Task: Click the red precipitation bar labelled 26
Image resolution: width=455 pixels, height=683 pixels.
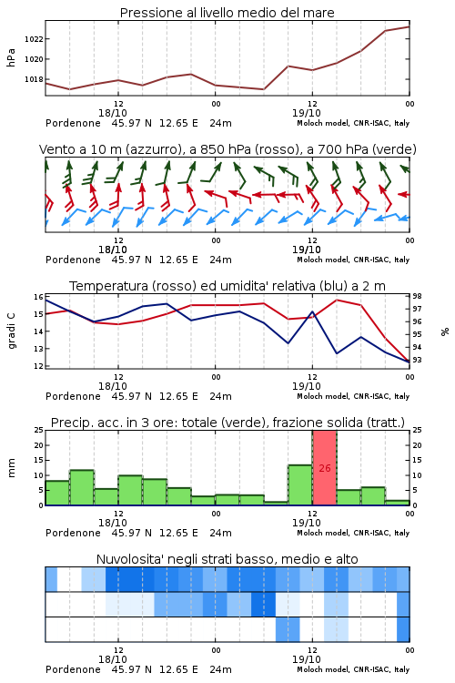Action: click(x=324, y=468)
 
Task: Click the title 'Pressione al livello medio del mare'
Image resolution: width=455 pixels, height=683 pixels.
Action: click(x=227, y=13)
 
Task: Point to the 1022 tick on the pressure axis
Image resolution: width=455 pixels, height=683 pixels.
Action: click(x=34, y=39)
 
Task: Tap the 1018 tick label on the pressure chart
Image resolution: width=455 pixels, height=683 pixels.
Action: click(x=34, y=80)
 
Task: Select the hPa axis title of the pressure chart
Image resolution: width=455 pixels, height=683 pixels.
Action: click(x=11, y=57)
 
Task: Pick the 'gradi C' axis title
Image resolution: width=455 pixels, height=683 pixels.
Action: click(x=11, y=331)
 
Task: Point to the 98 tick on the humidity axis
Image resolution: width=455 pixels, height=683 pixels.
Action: click(x=417, y=297)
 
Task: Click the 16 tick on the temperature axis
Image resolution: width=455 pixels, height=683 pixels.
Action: click(x=38, y=297)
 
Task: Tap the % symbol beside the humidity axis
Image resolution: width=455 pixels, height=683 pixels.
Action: click(x=445, y=331)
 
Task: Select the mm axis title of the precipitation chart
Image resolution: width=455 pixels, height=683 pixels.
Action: click(x=11, y=468)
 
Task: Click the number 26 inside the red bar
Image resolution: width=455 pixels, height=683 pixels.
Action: click(x=325, y=468)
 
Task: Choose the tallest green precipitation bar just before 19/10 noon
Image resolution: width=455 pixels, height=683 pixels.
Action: click(x=300, y=485)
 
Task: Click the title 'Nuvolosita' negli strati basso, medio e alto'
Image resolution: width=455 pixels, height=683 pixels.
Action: click(x=227, y=559)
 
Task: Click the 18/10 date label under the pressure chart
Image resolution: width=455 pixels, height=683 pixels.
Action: click(x=113, y=113)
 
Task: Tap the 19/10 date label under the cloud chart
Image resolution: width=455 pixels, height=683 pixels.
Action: click(x=307, y=659)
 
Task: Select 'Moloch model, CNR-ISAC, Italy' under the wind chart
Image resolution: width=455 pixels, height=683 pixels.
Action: click(x=353, y=260)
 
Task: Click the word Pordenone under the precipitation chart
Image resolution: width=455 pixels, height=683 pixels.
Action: click(x=73, y=533)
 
